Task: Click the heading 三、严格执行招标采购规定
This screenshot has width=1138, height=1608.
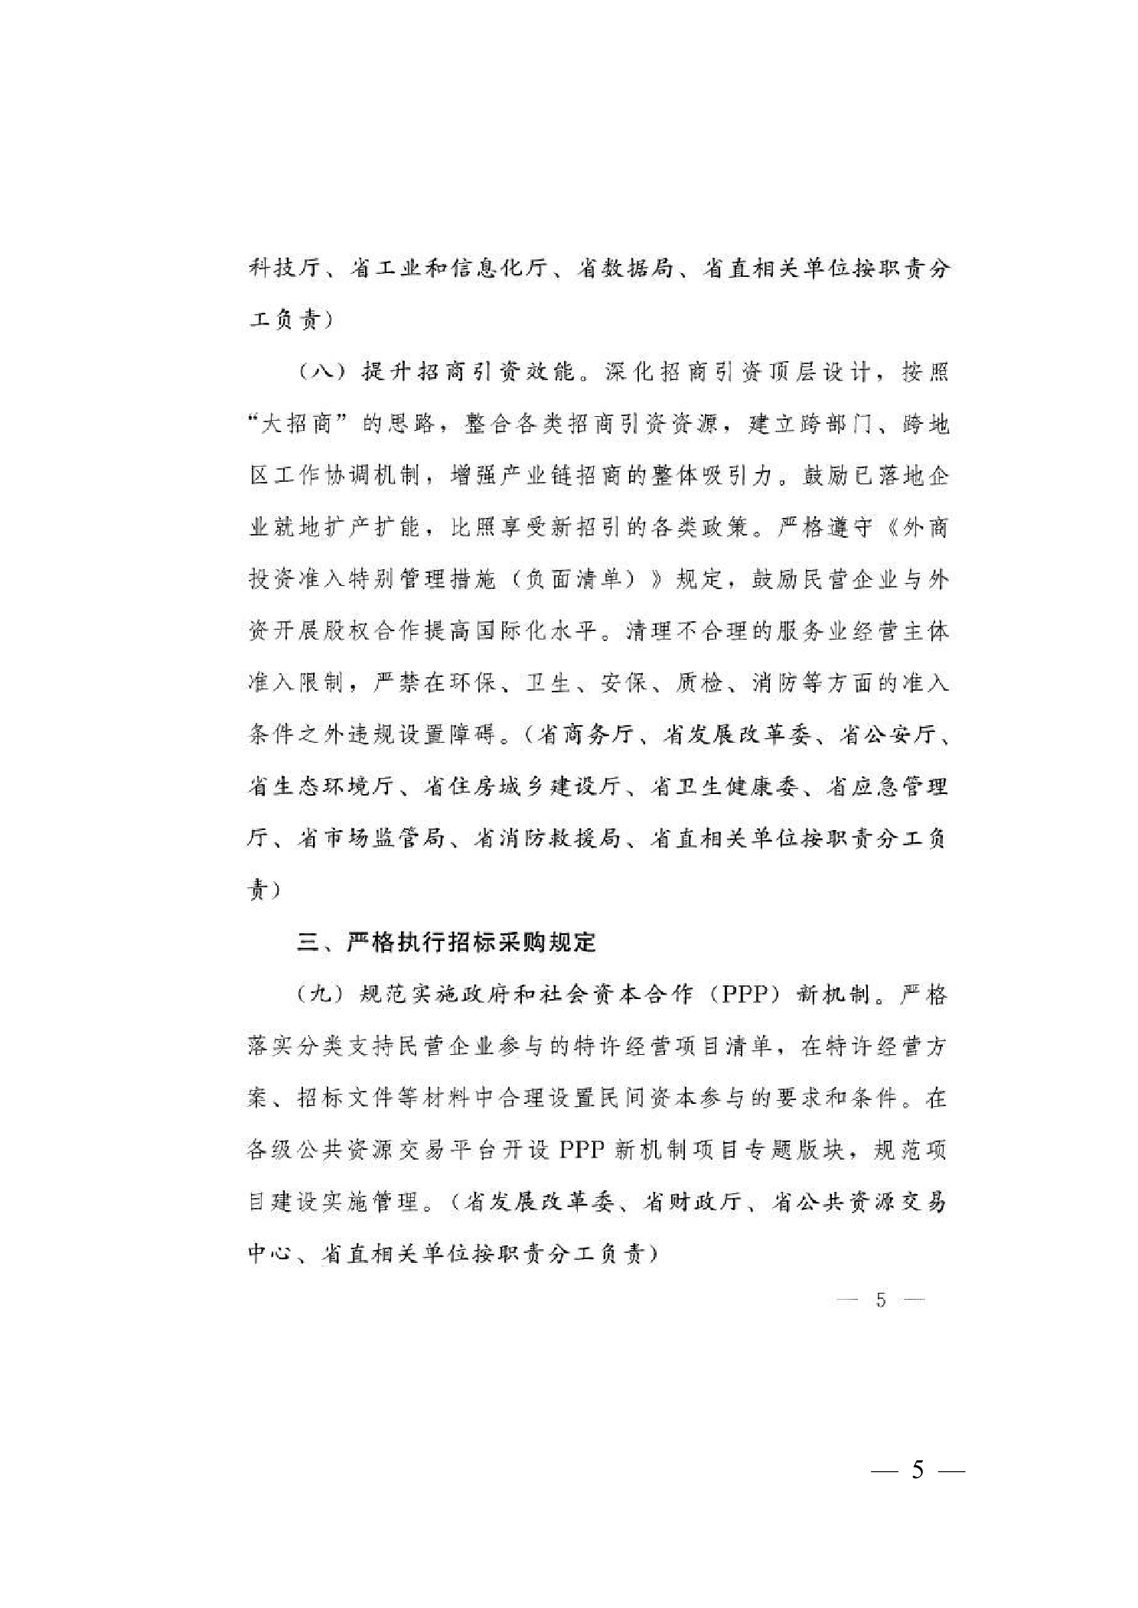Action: click(446, 942)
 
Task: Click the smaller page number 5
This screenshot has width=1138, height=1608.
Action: click(881, 1300)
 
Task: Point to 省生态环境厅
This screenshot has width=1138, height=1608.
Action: click(321, 786)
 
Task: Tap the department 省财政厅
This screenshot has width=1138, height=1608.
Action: click(692, 1202)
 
